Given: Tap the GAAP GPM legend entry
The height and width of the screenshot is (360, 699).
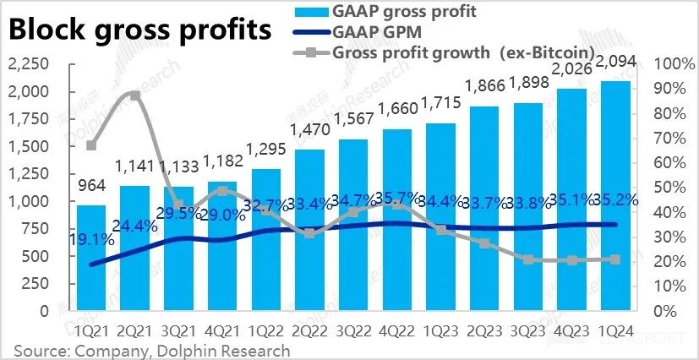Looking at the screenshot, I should click(x=372, y=32).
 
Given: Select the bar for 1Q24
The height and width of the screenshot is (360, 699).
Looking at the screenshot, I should click(x=615, y=196).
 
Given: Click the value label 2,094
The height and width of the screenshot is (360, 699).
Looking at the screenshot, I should click(x=615, y=63).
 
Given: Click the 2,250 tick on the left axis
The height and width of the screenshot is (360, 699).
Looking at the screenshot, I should click(x=26, y=65).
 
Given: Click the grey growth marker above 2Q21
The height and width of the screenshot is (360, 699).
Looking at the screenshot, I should click(x=135, y=95).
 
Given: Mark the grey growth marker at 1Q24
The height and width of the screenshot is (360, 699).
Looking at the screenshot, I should click(x=615, y=259).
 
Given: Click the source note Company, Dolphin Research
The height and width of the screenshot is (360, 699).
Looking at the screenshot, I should click(x=151, y=350).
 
